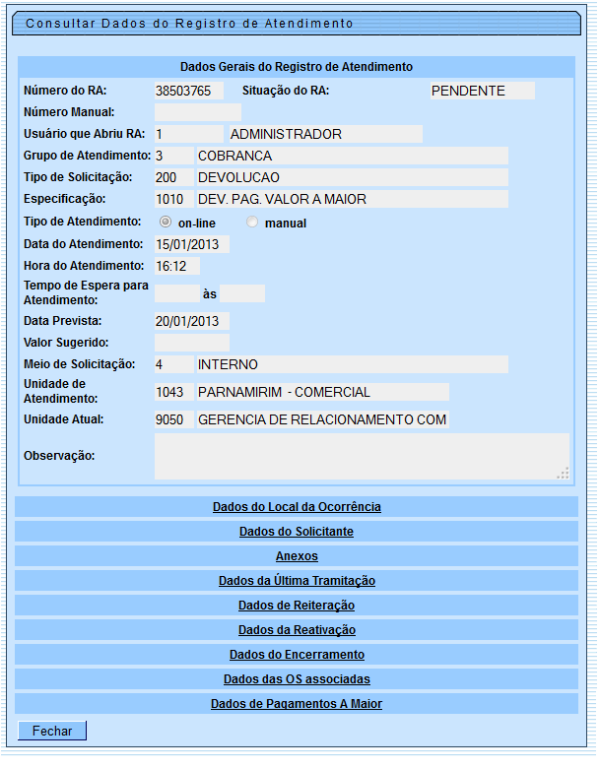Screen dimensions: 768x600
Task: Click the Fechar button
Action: tap(52, 731)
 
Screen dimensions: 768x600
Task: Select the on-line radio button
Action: tap(166, 223)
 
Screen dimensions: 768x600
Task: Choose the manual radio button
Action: tap(252, 223)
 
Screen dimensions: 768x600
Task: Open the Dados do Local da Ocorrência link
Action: tap(297, 507)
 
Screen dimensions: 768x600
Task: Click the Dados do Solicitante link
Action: tap(297, 532)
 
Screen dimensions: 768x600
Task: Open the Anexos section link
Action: tap(297, 556)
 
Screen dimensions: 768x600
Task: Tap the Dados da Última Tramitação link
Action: tap(297, 581)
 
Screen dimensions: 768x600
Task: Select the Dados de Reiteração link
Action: tap(297, 606)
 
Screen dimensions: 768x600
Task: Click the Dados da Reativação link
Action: tap(297, 630)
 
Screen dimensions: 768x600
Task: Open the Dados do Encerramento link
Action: tap(297, 655)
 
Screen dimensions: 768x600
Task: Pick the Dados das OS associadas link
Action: tap(297, 679)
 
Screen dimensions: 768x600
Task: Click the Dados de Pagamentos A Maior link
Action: tap(297, 704)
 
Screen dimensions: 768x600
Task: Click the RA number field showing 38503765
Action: tap(189, 91)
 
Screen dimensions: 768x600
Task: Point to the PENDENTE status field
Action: tap(482, 91)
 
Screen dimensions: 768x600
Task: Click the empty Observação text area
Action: tap(362, 456)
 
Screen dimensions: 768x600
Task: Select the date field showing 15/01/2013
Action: tap(192, 244)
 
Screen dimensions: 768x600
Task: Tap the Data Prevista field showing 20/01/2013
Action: tap(192, 321)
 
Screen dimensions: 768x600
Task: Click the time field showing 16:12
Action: tap(177, 266)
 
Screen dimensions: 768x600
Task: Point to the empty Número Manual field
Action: tap(197, 112)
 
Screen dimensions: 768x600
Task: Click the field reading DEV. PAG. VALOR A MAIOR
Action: tap(352, 199)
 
